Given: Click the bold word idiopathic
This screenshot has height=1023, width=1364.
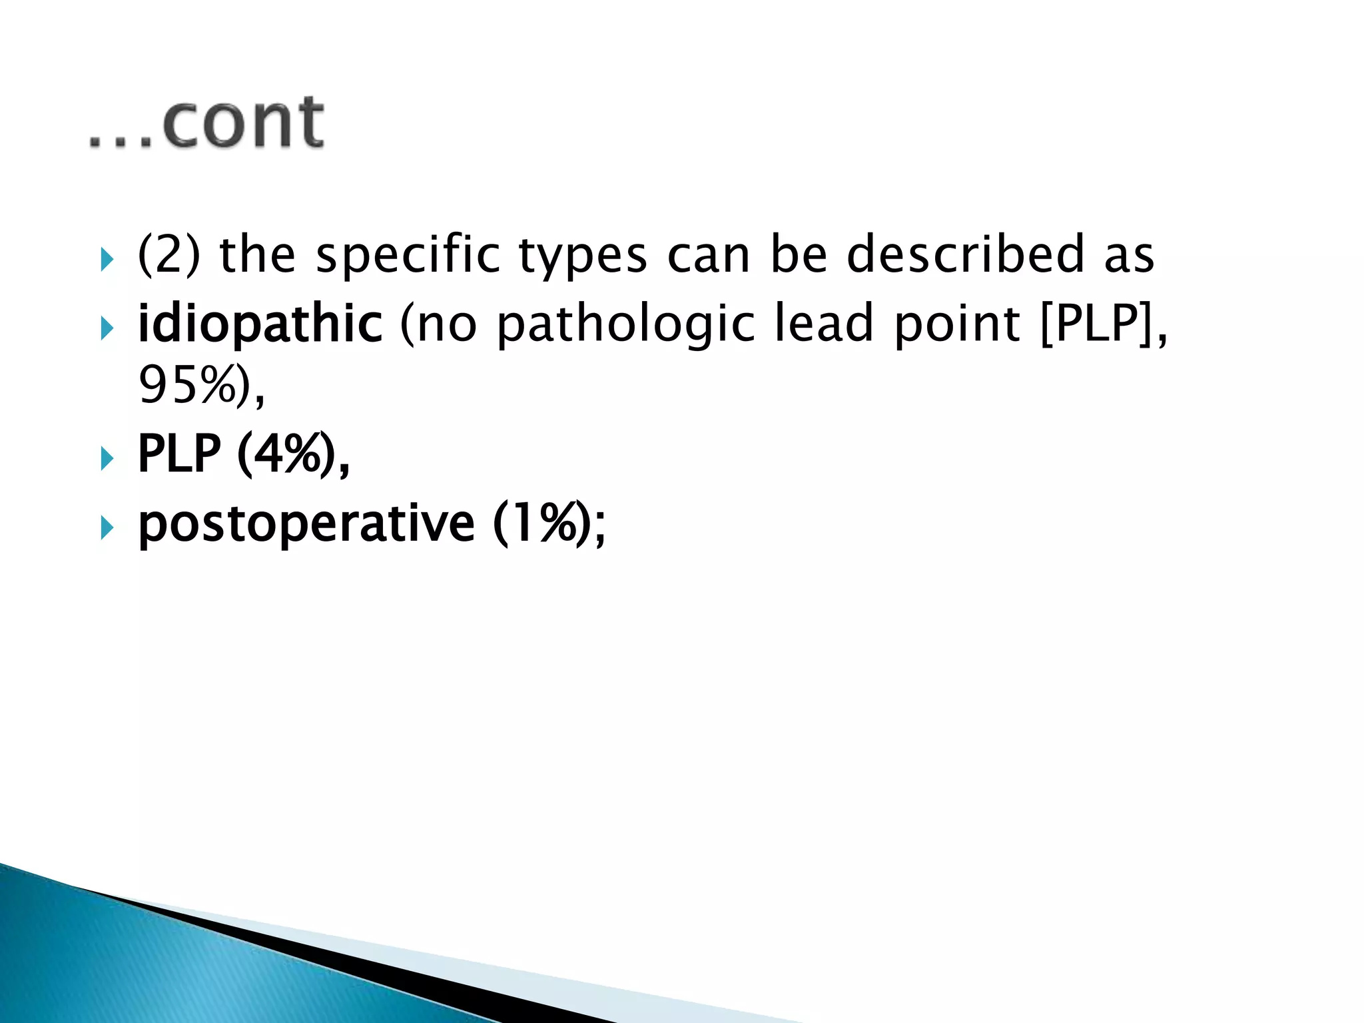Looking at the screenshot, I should click(260, 324).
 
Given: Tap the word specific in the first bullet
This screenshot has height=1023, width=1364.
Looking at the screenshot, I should click(407, 255).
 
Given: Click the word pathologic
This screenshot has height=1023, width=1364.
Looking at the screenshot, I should click(625, 325).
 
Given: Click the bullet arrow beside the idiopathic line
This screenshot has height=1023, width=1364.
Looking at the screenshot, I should click(107, 328).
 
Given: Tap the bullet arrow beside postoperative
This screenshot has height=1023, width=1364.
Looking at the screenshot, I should click(107, 528).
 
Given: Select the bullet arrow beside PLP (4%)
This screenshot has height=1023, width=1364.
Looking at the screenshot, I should click(107, 458).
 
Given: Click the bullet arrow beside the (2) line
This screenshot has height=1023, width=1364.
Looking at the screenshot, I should click(107, 259).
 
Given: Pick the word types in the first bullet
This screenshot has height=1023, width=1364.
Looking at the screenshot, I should click(582, 256).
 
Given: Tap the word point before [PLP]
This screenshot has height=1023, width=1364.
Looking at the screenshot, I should click(956, 325).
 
